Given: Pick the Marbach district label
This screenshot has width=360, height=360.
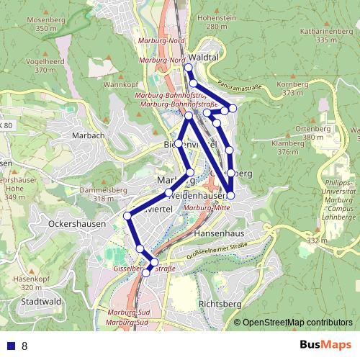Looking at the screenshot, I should point(89,135).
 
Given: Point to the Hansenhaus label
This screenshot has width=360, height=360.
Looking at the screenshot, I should point(220,235).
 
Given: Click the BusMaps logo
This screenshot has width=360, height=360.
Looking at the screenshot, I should point(323,345).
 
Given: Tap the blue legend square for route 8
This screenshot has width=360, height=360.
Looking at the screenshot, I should point(9,346).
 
